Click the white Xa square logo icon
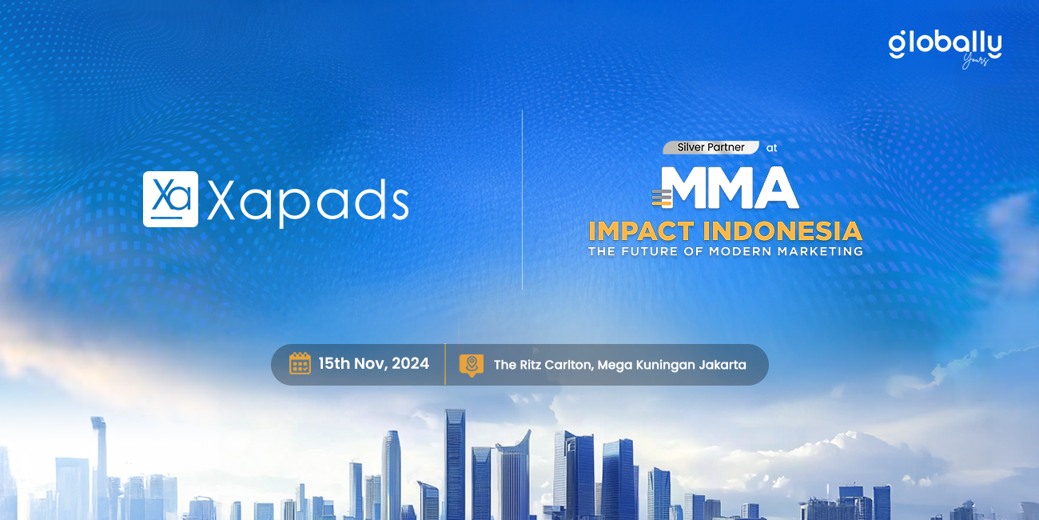(x=171, y=199)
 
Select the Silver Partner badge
(x=711, y=148)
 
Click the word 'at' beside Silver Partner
(x=772, y=148)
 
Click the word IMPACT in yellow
(x=642, y=231)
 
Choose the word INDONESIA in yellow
(x=782, y=231)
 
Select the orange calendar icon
(x=300, y=363)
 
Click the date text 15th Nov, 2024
(x=374, y=363)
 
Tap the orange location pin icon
(x=472, y=365)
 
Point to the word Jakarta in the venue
(x=723, y=365)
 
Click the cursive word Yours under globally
(x=975, y=61)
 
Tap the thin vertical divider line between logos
(x=522, y=200)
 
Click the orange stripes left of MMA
(x=662, y=198)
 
